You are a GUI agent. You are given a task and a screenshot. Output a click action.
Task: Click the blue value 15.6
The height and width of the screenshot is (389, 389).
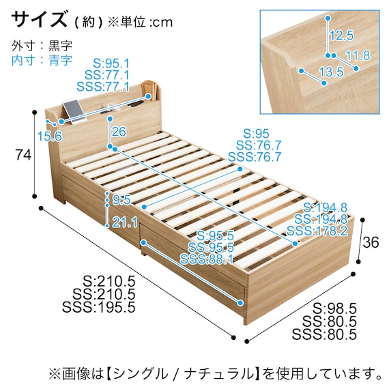[50, 136]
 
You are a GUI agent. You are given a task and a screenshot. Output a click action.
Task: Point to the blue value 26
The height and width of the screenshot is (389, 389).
[119, 132]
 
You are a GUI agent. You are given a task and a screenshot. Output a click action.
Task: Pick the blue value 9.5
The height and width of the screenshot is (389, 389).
[121, 200]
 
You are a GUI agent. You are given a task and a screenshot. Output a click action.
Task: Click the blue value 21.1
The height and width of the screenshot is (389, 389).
[125, 222]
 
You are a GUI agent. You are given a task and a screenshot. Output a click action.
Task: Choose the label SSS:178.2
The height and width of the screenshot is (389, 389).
[317, 231]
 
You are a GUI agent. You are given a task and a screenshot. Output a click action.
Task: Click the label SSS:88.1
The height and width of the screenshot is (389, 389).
[207, 259]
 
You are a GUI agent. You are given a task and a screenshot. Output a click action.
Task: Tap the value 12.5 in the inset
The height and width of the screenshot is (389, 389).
[341, 35]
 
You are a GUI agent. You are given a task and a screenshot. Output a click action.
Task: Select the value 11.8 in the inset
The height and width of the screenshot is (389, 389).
[357, 55]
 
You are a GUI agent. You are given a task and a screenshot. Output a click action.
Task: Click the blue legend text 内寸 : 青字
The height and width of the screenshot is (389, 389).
[42, 60]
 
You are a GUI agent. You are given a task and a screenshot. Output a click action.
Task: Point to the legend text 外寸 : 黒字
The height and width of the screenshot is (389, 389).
[42, 46]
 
